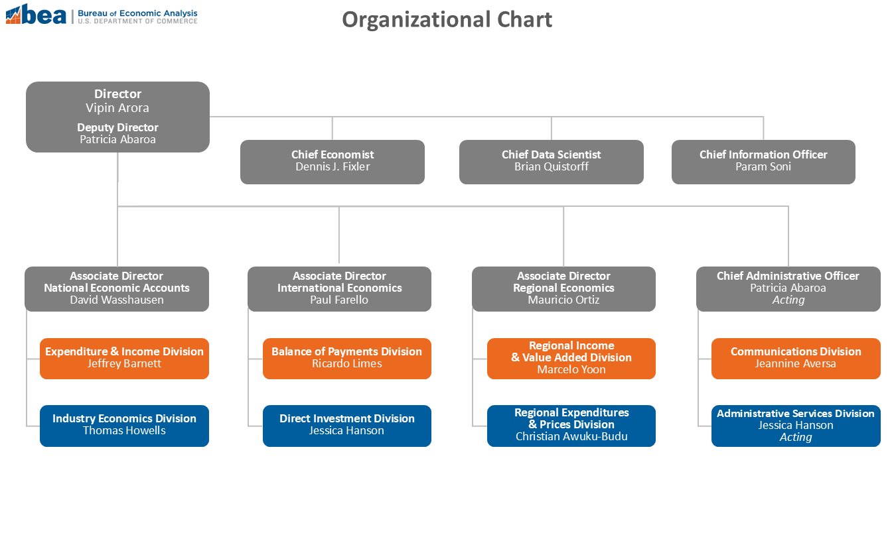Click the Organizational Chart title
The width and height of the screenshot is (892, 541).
447,19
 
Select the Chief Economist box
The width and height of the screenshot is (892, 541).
333,162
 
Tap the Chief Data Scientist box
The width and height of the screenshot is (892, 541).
551,162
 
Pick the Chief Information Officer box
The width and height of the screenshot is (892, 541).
763,162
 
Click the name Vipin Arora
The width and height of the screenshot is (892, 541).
117,108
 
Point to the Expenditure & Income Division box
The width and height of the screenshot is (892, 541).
124,359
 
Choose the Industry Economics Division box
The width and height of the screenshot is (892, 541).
124,426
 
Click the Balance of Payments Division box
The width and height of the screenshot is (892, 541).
347,359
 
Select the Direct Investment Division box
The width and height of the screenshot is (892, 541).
347,426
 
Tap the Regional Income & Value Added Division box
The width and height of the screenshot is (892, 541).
571,359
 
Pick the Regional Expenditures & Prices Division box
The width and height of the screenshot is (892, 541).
571,426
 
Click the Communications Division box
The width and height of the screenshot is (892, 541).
796,359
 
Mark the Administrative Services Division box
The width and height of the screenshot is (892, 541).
796,426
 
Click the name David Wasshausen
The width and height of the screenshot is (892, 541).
117,300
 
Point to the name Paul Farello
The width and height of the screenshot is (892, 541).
339,300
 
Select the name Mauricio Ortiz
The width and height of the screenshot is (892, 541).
563,300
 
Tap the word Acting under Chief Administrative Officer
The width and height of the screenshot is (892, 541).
788,300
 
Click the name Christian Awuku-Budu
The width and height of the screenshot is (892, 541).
571,436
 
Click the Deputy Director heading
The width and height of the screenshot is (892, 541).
117,127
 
